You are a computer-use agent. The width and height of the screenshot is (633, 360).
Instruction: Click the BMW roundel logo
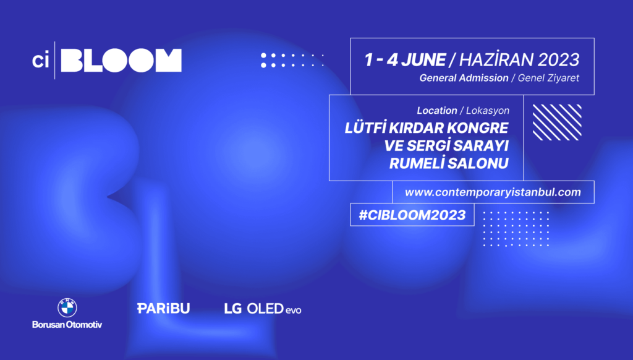pyautogui.click(x=67, y=308)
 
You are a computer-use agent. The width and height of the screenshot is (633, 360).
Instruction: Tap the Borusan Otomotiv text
pyautogui.click(x=67, y=325)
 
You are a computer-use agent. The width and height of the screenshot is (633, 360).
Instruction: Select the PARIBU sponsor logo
pyautogui.click(x=163, y=308)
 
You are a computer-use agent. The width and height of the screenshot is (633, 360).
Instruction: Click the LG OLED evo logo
pyautogui.click(x=263, y=309)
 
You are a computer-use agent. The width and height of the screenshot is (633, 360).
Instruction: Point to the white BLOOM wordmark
pyautogui.click(x=121, y=60)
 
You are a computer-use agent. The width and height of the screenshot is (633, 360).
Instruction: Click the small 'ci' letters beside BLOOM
pyautogui.click(x=40, y=61)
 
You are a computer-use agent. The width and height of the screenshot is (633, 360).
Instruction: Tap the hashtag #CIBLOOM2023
pyautogui.click(x=412, y=215)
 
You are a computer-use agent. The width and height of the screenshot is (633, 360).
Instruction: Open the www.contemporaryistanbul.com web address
pyautogui.click(x=493, y=192)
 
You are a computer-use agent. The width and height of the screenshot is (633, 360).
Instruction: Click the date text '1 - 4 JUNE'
pyautogui.click(x=405, y=60)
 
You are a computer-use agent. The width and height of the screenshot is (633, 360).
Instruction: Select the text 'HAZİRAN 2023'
pyautogui.click(x=519, y=59)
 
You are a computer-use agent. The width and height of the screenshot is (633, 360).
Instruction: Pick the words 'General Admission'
pyautogui.click(x=464, y=78)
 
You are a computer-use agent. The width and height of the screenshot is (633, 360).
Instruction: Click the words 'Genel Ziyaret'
pyautogui.click(x=548, y=78)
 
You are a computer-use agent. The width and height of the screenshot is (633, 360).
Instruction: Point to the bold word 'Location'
pyautogui.click(x=437, y=110)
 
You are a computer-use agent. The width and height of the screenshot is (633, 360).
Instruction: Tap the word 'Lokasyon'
pyautogui.click(x=488, y=111)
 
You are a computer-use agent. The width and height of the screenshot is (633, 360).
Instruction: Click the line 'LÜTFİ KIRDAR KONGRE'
pyautogui.click(x=427, y=127)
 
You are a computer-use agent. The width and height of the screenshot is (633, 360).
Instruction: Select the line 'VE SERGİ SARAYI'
pyautogui.click(x=446, y=145)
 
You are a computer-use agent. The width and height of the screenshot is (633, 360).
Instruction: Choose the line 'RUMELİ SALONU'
pyautogui.click(x=449, y=163)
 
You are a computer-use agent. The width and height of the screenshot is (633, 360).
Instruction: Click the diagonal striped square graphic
pyautogui.click(x=557, y=122)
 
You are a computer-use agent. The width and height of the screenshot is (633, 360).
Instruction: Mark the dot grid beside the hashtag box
pyautogui.click(x=516, y=229)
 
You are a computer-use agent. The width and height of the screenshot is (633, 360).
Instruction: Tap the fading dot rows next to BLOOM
pyautogui.click(x=292, y=60)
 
